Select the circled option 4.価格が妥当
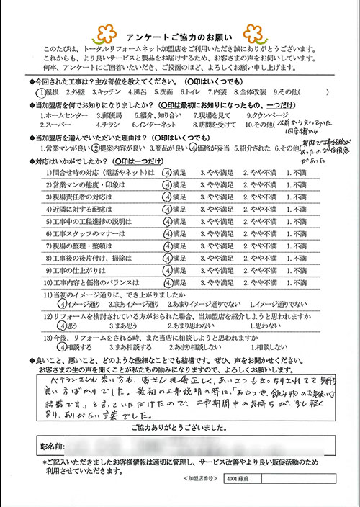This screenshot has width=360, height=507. pyautogui.click(x=212, y=148)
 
